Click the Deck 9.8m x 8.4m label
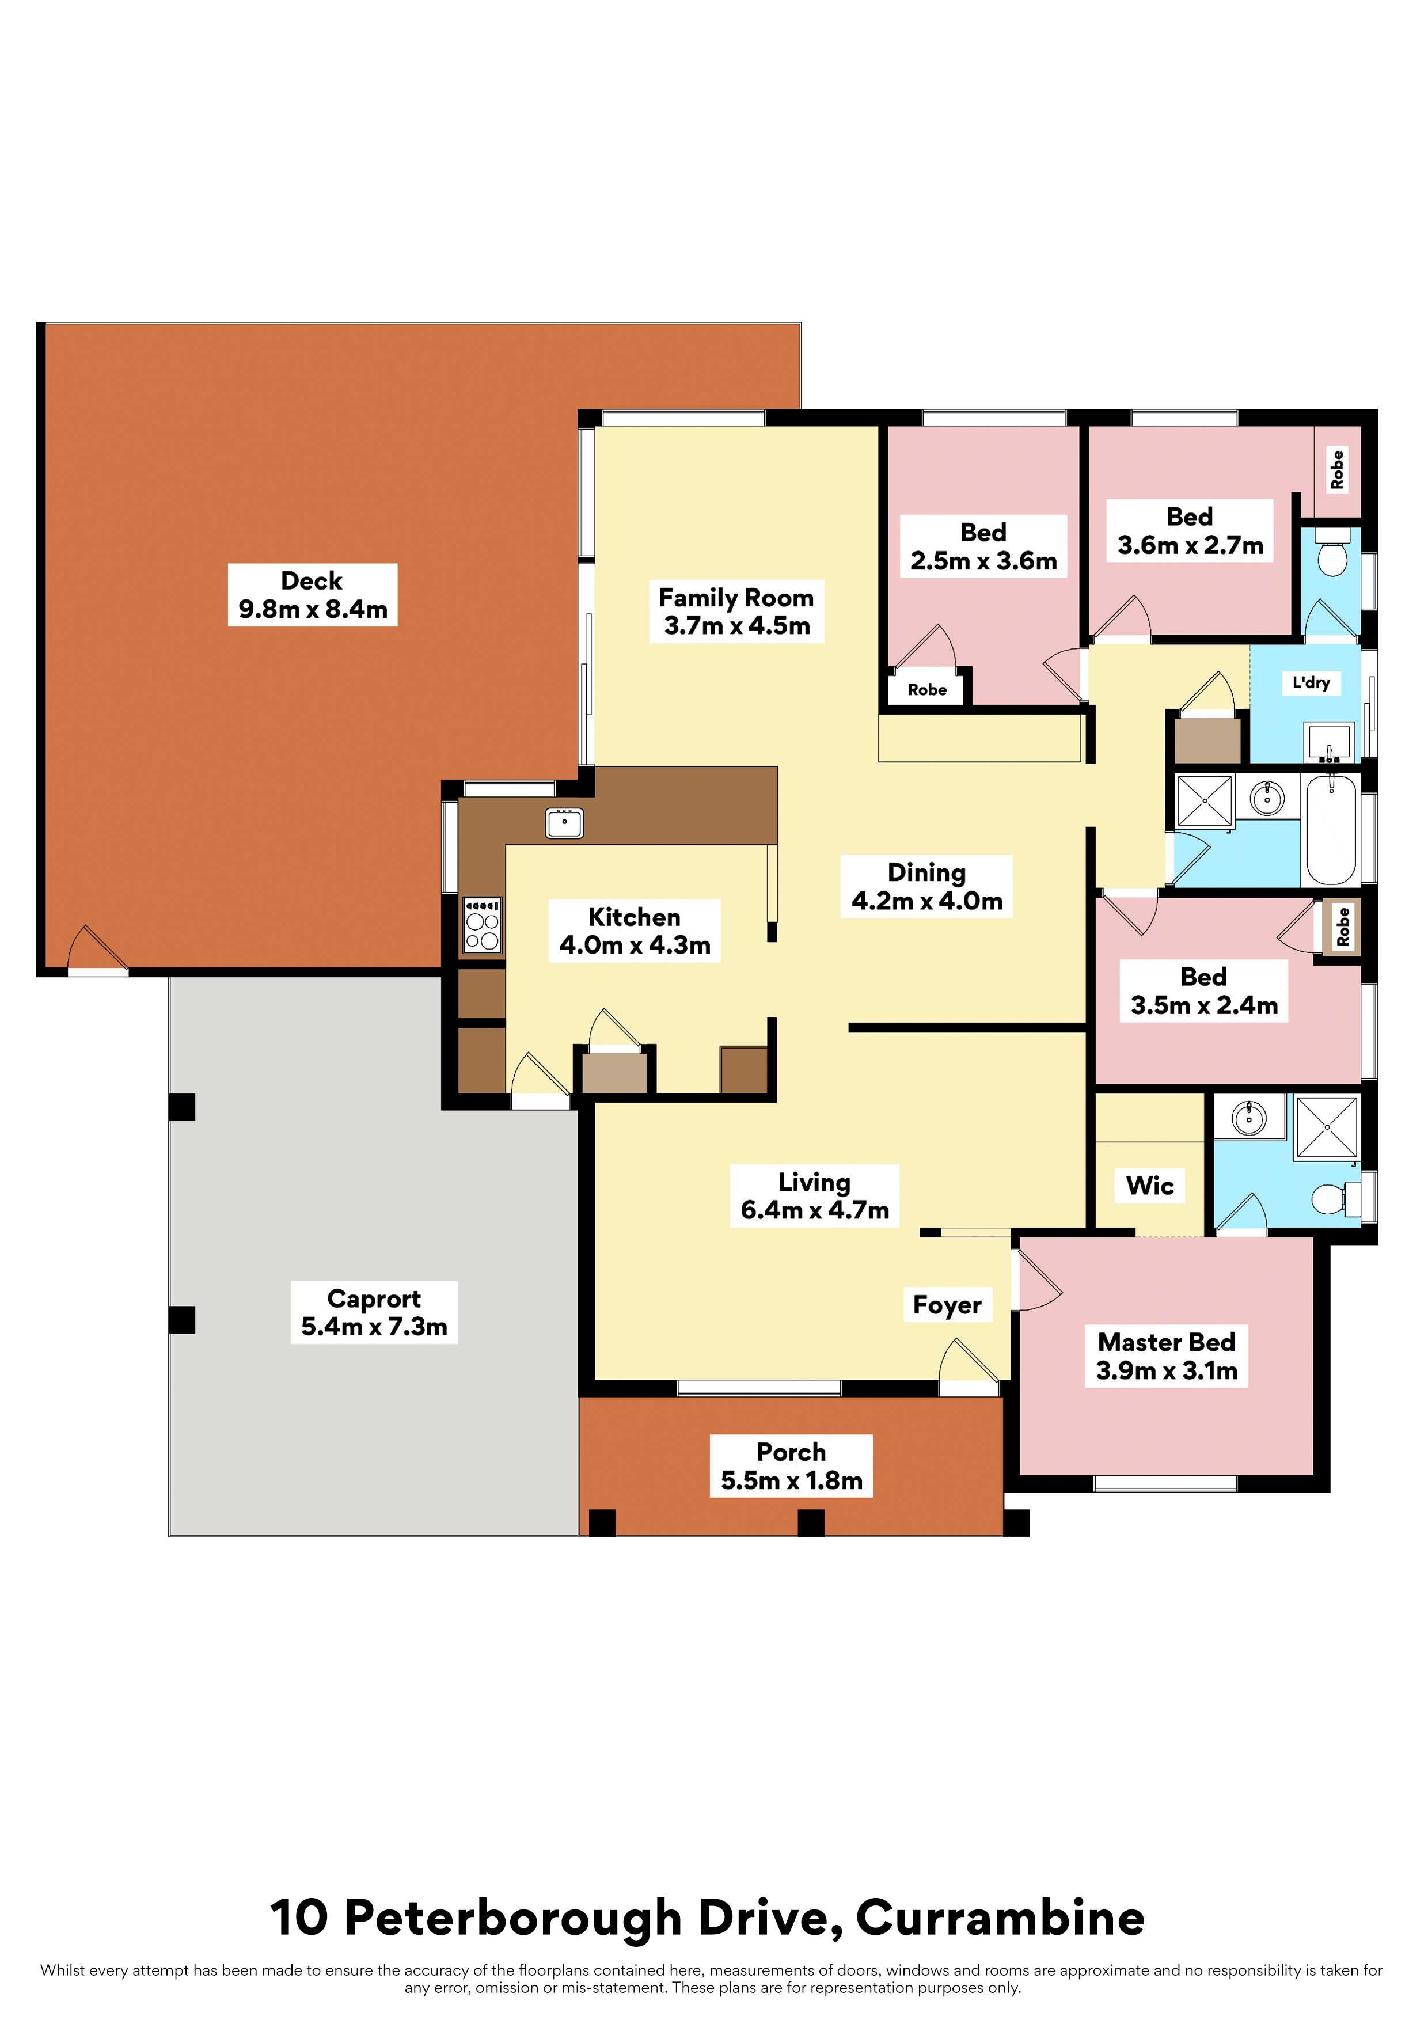coord(312,595)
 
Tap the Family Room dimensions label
coord(736,612)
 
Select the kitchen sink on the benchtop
coord(564,823)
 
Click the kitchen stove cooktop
coord(482,925)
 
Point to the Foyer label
coord(947,1305)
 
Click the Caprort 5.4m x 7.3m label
coord(374,1312)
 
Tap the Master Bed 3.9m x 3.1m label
coord(1167,1355)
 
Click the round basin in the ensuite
coord(1248,1118)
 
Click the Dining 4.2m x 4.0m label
coord(926,886)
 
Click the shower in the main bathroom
coord(1205,802)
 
